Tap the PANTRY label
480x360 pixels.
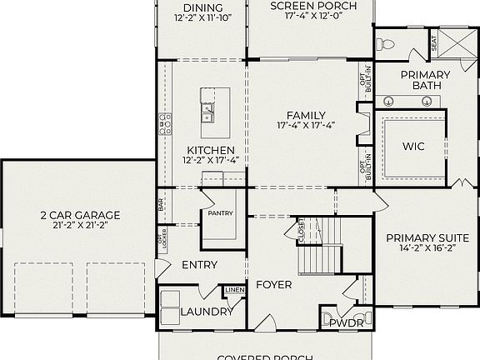point(221,213)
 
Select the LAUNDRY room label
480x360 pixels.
point(207,312)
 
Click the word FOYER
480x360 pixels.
point(273,285)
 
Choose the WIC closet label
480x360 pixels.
point(413,147)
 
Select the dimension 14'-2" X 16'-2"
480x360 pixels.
point(424,248)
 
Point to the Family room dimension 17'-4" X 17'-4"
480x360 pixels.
point(306,126)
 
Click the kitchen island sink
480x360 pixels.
point(207,107)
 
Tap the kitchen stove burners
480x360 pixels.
point(165,125)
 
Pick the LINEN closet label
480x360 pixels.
point(234,290)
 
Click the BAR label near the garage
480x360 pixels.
point(161,202)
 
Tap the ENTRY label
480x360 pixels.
point(199,265)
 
